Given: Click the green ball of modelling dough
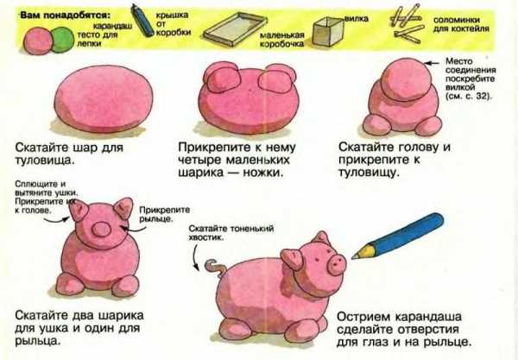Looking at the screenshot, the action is (63, 40).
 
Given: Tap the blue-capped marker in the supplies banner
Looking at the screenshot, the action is (142, 20).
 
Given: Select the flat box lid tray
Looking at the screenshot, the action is (235, 29).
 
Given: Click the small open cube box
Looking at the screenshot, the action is (328, 31).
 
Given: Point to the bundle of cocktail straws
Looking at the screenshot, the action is (407, 24).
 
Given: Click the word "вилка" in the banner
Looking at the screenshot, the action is (356, 19).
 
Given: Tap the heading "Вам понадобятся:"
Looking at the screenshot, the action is (66, 16).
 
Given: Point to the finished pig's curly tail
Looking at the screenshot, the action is (215, 268).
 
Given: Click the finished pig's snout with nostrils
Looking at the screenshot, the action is (337, 264).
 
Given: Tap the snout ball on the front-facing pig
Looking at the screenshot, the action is (101, 230).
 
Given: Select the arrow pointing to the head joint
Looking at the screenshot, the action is (432, 63).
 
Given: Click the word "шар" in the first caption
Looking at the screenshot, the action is (82, 148).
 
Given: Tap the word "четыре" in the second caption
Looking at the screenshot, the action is (200, 161).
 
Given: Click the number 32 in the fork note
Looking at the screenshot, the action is (480, 97).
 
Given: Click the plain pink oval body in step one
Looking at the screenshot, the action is (104, 98).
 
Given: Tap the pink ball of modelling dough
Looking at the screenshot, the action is (38, 41).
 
